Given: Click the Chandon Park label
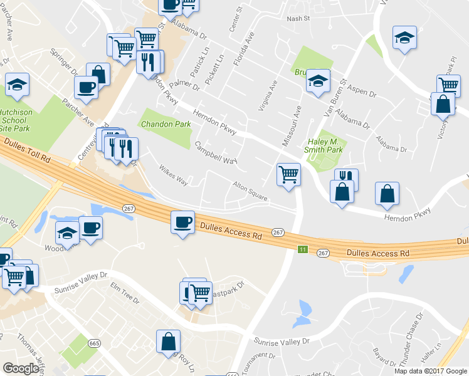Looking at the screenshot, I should tap(166, 124).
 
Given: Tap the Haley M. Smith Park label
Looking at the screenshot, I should tap(323, 145).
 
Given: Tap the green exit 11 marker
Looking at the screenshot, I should tap(303, 249).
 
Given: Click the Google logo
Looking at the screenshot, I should tap(21, 368).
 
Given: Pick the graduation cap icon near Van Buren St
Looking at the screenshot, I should tap(318, 80).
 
